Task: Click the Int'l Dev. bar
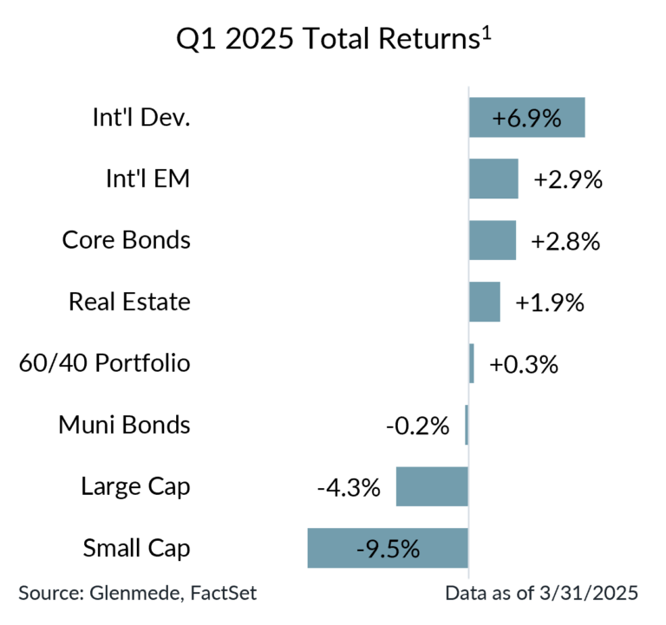pyautogui.click(x=527, y=118)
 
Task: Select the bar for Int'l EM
pyautogui.click(x=493, y=179)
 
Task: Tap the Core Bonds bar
pyautogui.click(x=493, y=240)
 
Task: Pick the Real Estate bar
pyautogui.click(x=485, y=302)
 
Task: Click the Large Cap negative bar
pyautogui.click(x=431, y=486)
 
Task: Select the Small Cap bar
pyautogui.click(x=387, y=548)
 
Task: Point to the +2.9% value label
pyautogui.click(x=568, y=180)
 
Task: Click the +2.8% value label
pyautogui.click(x=566, y=241)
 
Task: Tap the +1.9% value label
pyautogui.click(x=550, y=303)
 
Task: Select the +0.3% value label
pyautogui.click(x=524, y=364)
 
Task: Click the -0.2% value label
pyautogui.click(x=417, y=426)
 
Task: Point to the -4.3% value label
pyautogui.click(x=349, y=487)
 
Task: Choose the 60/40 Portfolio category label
pyautogui.click(x=104, y=362)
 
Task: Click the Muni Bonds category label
pyautogui.click(x=124, y=425)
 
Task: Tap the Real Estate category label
pyautogui.click(x=129, y=302)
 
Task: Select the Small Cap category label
pyautogui.click(x=136, y=548)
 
